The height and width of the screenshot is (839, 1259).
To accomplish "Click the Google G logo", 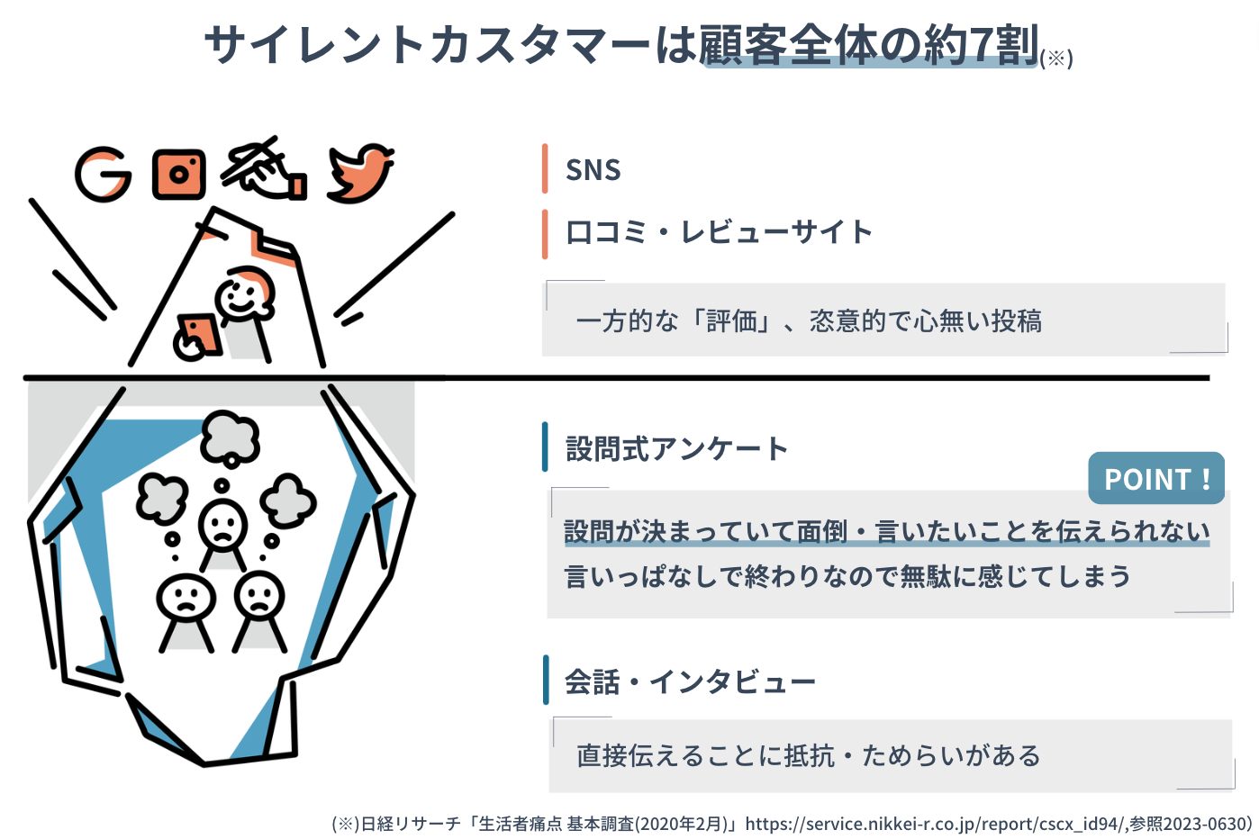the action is [103, 174].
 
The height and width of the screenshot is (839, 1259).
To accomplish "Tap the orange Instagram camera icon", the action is [178, 174].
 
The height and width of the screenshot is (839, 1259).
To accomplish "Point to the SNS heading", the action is [593, 169].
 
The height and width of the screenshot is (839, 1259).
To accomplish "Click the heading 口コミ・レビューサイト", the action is [719, 232].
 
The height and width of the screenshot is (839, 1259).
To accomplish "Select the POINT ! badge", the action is [1156, 478].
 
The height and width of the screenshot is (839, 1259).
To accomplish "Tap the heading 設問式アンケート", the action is [676, 448].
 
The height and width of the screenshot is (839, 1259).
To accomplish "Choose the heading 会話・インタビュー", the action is [690, 681].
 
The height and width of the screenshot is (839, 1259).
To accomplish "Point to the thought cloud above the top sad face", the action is [231, 437].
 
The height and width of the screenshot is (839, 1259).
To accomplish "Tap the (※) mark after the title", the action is [1056, 59].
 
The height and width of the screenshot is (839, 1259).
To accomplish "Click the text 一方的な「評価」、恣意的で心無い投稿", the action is [808, 320].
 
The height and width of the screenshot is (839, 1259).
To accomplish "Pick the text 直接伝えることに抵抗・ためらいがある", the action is [808, 755].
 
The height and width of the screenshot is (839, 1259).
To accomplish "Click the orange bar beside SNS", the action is [545, 168].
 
